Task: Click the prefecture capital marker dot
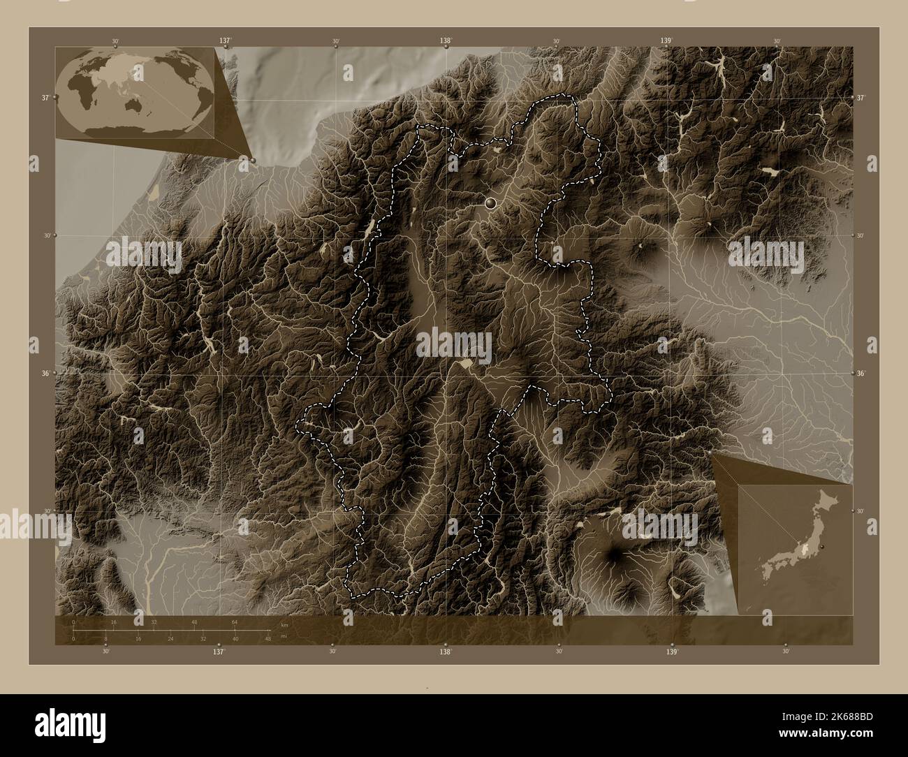[x=490, y=203]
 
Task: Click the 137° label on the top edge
[x=224, y=41]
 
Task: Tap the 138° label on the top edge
[x=445, y=41]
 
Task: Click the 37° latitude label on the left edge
[x=45, y=98]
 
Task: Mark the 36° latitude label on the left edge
[x=45, y=374]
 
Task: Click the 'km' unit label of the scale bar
[x=284, y=624]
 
